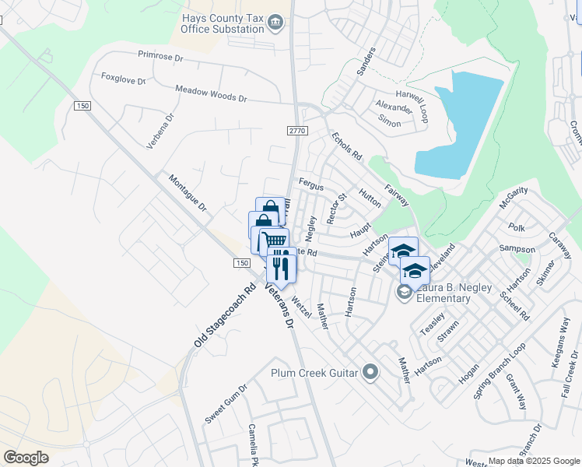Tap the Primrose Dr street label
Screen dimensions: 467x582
tap(160, 57)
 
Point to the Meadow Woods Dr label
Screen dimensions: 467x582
tap(210, 94)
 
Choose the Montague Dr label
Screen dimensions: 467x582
tap(188, 194)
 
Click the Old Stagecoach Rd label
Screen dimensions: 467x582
tap(225, 314)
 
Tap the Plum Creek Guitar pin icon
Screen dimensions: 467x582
tap(370, 372)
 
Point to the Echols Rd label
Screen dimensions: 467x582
tap(347, 146)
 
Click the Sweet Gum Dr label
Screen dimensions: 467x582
tap(226, 404)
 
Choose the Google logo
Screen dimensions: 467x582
tap(26, 457)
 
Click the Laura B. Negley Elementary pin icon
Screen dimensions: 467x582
tap(404, 292)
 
